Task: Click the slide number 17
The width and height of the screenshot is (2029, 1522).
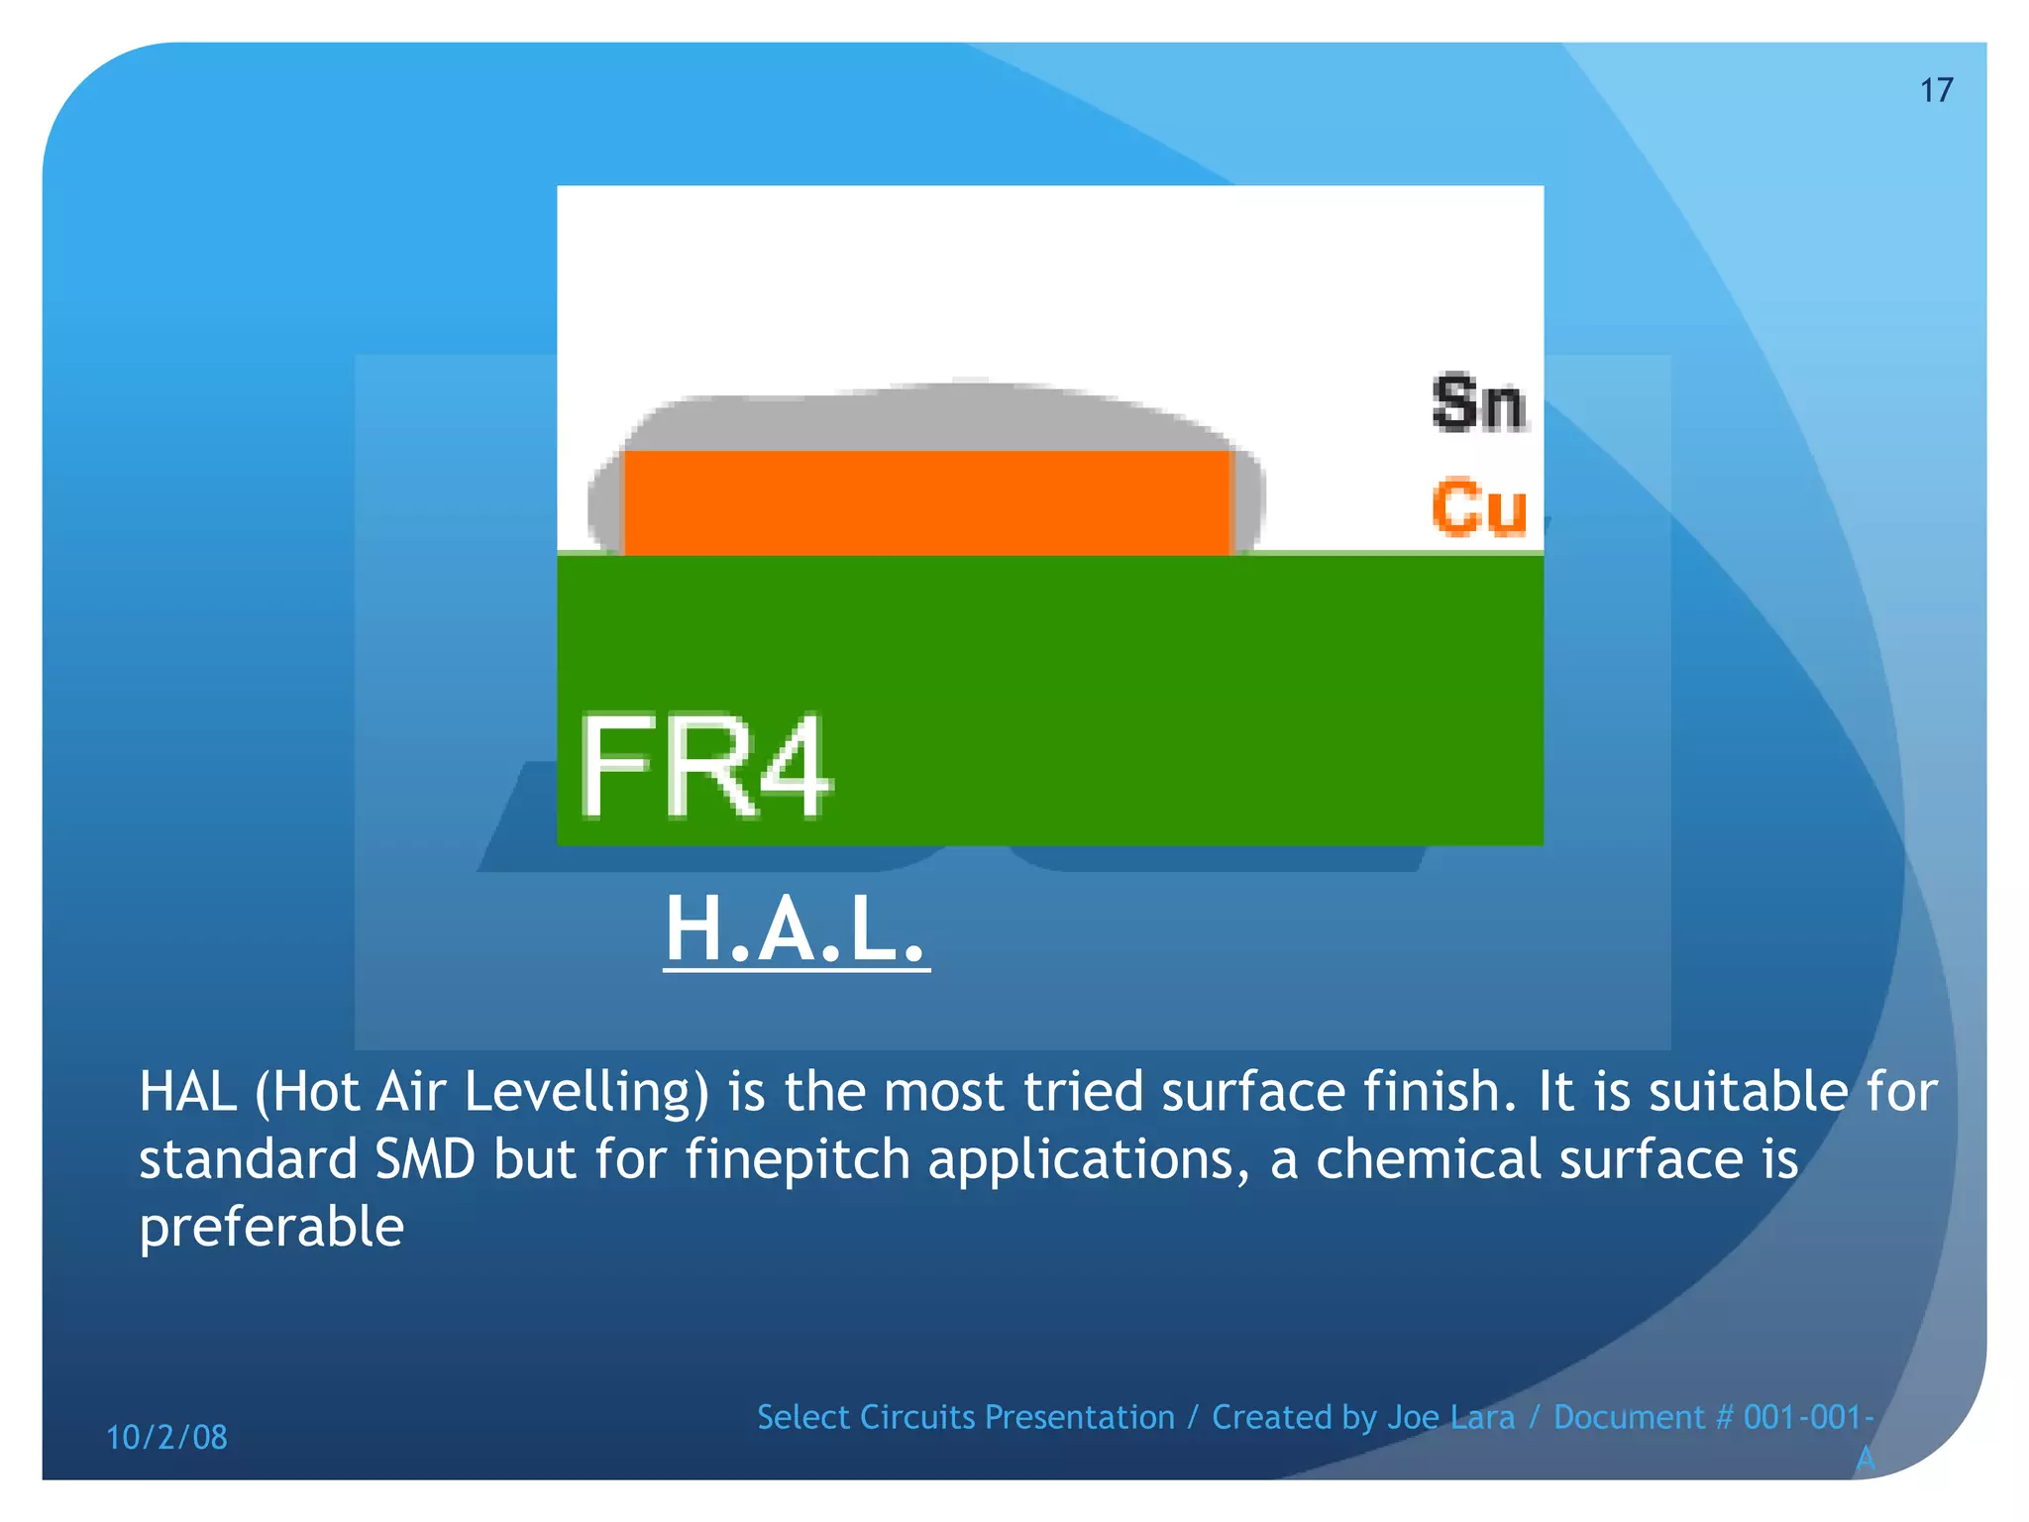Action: pyautogui.click(x=1936, y=90)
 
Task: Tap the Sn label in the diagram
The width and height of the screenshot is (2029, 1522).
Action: pyautogui.click(x=1478, y=403)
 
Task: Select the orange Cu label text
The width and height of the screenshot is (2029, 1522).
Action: pyautogui.click(x=1478, y=507)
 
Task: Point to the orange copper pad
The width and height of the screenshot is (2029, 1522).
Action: pyautogui.click(x=926, y=502)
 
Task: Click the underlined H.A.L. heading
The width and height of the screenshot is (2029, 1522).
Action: pyautogui.click(x=796, y=930)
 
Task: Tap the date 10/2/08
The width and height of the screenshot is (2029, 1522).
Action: pyautogui.click(x=166, y=1437)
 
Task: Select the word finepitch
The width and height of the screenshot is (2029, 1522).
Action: pyautogui.click(x=798, y=1160)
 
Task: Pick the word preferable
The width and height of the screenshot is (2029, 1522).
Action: pyautogui.click(x=271, y=1228)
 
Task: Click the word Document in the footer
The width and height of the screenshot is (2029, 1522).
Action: pyautogui.click(x=1630, y=1418)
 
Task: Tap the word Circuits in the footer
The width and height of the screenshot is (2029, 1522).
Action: pyautogui.click(x=917, y=1418)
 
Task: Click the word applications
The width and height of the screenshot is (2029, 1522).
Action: pyautogui.click(x=1082, y=1160)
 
